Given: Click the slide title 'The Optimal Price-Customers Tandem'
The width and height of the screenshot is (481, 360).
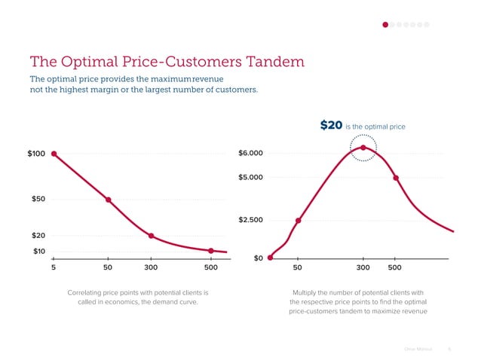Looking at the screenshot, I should [x=166, y=60].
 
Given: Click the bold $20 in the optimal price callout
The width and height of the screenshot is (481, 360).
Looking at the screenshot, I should [x=331, y=126].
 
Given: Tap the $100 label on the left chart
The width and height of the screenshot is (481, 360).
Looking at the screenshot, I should [x=36, y=154].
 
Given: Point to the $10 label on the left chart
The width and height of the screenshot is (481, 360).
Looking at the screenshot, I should [x=39, y=251].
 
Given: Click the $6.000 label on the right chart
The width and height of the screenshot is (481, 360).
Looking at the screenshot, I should [x=250, y=154].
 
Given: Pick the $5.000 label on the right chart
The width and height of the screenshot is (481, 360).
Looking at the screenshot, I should [x=250, y=177].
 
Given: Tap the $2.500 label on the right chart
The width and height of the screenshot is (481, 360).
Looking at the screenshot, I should [x=250, y=220].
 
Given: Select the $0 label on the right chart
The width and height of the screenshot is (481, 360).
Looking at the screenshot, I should [x=258, y=258].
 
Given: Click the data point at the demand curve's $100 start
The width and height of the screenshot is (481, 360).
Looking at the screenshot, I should [x=54, y=154].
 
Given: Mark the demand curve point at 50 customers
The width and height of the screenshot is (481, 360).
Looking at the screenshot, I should [x=109, y=200].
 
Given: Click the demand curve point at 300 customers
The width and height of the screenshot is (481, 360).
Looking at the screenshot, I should [x=152, y=236].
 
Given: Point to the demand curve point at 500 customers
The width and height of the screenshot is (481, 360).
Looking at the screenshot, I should [x=211, y=251].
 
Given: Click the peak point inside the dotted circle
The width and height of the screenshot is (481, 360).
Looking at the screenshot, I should [x=363, y=148].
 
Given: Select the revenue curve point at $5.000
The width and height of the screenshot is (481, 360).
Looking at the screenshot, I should [x=396, y=178].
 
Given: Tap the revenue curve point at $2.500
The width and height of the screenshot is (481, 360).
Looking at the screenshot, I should [x=299, y=221].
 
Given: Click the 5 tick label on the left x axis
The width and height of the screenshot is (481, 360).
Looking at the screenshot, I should [x=53, y=267].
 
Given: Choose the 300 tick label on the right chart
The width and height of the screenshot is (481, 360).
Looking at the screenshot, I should [x=363, y=267].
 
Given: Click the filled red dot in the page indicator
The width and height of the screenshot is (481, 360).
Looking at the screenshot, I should [x=385, y=25].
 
